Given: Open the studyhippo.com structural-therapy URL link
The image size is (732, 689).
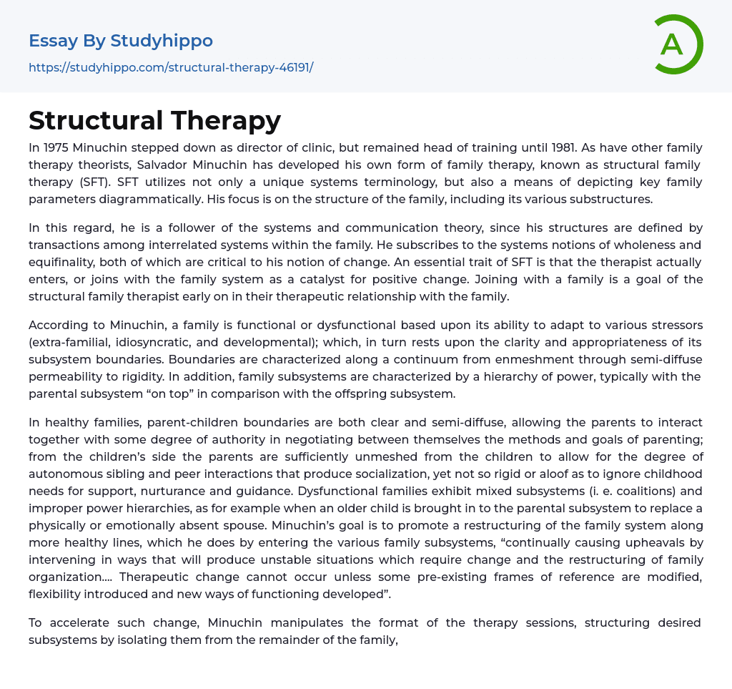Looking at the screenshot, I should (171, 67).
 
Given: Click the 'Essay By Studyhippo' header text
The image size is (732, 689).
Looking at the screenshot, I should (121, 41).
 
